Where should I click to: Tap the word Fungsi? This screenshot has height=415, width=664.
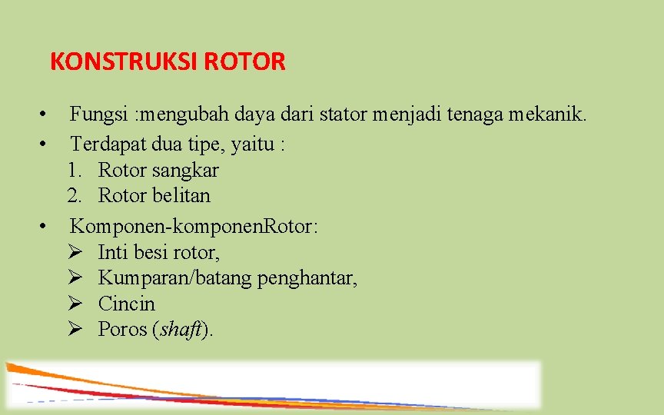click(x=98, y=115)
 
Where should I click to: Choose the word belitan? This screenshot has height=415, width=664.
click(x=181, y=196)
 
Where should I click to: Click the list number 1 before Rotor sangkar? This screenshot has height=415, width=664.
click(x=74, y=170)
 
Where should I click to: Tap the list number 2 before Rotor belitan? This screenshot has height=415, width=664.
click(x=74, y=196)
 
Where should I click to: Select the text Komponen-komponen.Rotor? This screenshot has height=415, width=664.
click(x=195, y=227)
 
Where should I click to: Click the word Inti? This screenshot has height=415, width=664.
click(x=113, y=252)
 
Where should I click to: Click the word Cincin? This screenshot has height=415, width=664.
click(x=126, y=304)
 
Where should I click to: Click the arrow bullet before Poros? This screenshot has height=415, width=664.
click(x=75, y=330)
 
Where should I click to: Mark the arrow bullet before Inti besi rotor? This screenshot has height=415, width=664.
click(x=75, y=252)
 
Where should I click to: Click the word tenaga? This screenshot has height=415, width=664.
click(x=470, y=115)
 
